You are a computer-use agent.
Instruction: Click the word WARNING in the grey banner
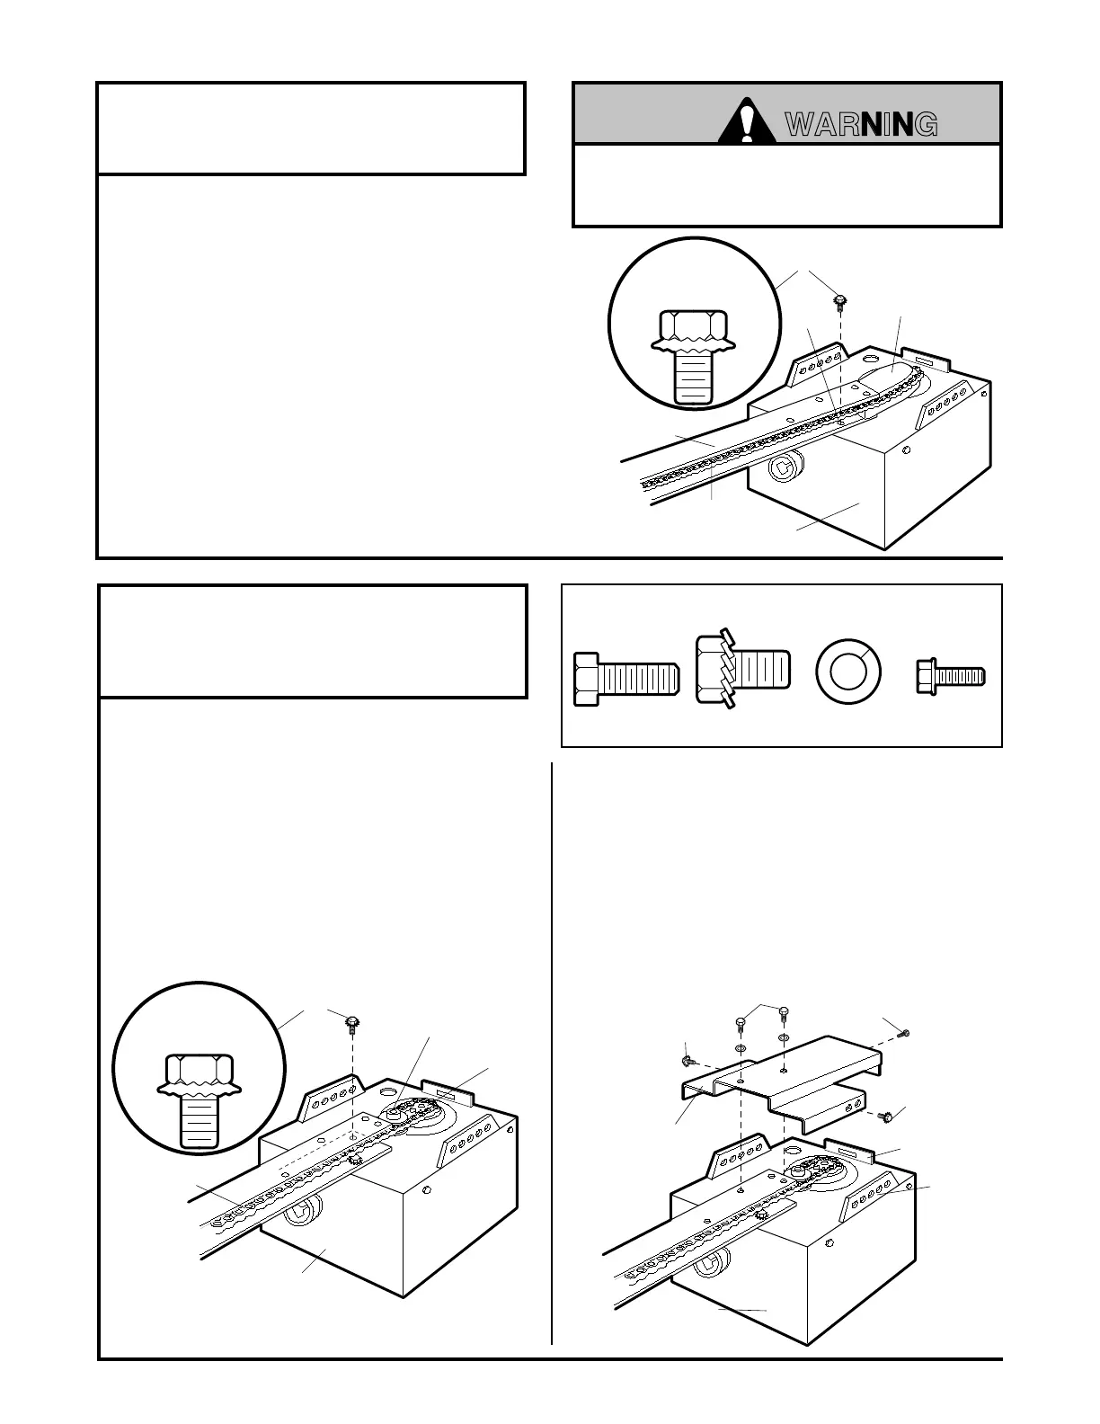pyautogui.click(x=862, y=125)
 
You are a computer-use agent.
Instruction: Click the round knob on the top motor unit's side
pyautogui.click(x=784, y=468)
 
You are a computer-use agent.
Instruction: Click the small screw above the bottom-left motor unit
pyautogui.click(x=352, y=1023)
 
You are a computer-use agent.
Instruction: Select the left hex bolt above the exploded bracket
pyautogui.click(x=741, y=1023)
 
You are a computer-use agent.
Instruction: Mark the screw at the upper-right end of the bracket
pyautogui.click(x=904, y=1032)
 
